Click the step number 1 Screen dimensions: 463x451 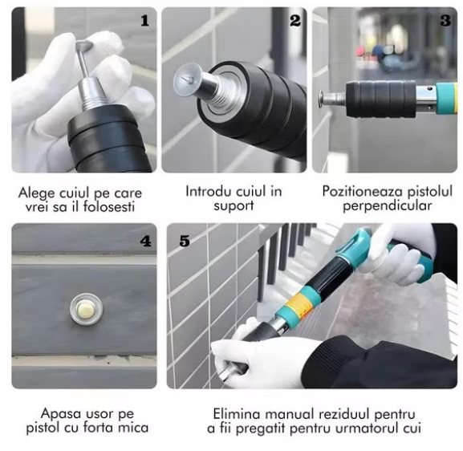[x=144, y=21]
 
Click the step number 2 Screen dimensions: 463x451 [x=295, y=21]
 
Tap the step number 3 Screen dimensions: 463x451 [x=445, y=20]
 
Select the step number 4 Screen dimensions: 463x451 [x=145, y=242]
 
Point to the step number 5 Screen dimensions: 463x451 [x=185, y=241]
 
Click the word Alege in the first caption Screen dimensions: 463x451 [x=37, y=193]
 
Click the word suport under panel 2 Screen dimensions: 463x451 [x=234, y=206]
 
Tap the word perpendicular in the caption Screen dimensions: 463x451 [x=387, y=206]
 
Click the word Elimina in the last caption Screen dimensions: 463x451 [x=237, y=414]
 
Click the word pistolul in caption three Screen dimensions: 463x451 [x=429, y=191]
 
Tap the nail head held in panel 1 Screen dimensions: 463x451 [x=83, y=45]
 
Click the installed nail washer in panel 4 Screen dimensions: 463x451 [x=87, y=309]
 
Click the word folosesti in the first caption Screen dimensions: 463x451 [x=109, y=206]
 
